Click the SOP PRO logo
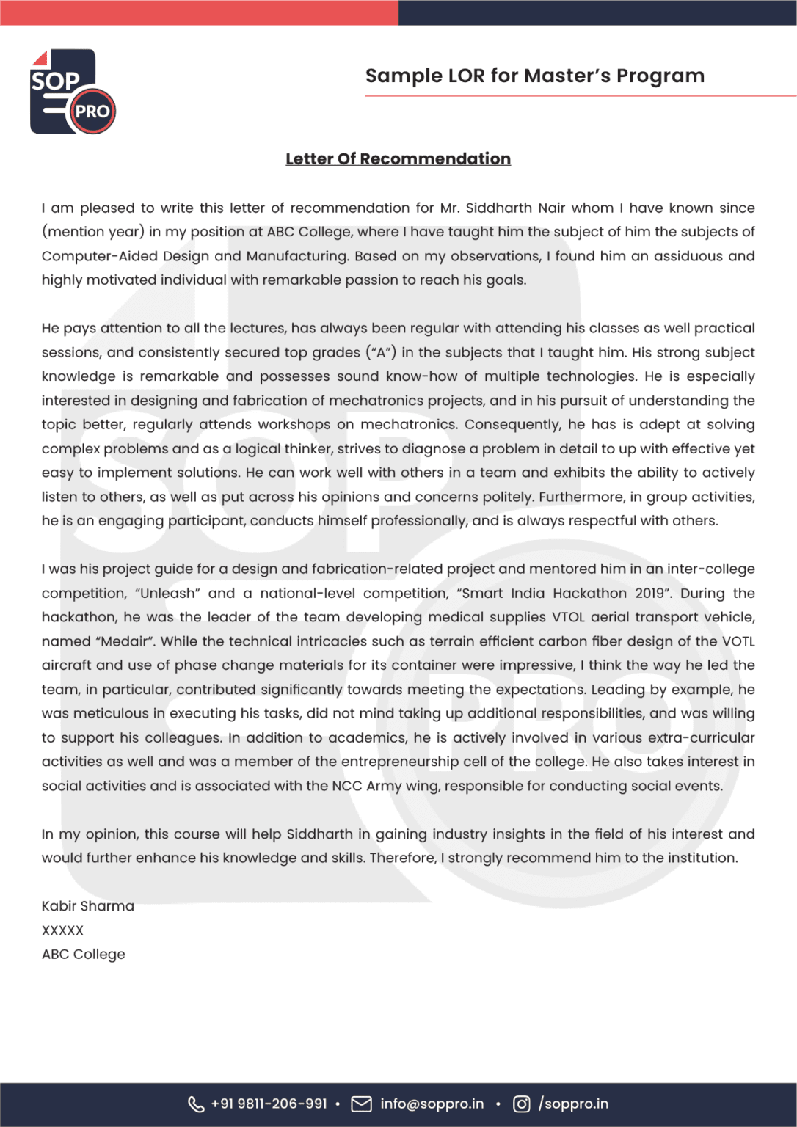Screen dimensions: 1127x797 73,92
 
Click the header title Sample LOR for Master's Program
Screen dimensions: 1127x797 534,76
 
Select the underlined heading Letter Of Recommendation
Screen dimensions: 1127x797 398,159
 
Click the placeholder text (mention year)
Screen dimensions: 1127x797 92,232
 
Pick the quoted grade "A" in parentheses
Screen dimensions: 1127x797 381,352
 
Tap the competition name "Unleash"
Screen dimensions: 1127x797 167,593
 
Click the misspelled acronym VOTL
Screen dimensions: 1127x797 738,641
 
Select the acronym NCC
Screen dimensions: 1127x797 346,786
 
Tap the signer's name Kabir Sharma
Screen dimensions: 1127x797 88,906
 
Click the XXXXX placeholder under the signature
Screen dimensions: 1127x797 62,930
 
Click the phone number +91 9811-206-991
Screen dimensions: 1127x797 269,1104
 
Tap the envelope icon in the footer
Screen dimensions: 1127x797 361,1104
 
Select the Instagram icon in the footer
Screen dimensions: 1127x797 521,1104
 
